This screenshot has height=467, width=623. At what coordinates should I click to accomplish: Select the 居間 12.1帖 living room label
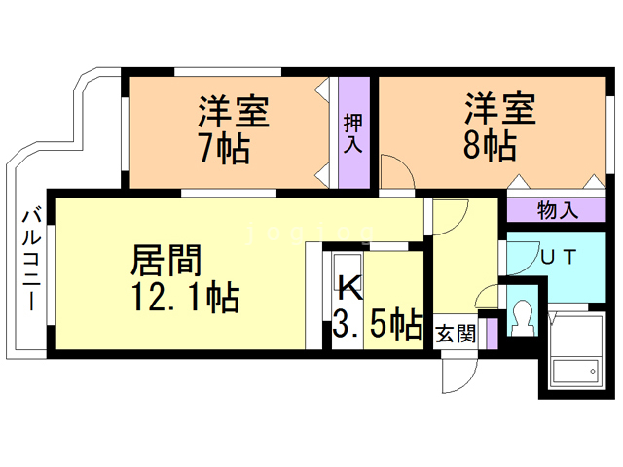186,279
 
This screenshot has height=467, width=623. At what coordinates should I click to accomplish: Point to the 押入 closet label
353,133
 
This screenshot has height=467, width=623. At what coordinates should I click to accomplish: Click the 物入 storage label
558,210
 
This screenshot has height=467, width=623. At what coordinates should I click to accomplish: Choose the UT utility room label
559,257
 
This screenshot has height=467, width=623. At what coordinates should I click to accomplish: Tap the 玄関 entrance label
456,334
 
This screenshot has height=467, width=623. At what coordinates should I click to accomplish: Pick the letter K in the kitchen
350,288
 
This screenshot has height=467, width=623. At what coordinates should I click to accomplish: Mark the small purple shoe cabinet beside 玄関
492,334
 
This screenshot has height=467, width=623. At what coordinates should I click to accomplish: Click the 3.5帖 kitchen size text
378,324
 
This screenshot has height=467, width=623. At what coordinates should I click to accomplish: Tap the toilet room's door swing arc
486,292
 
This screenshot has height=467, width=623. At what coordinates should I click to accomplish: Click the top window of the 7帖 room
228,72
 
